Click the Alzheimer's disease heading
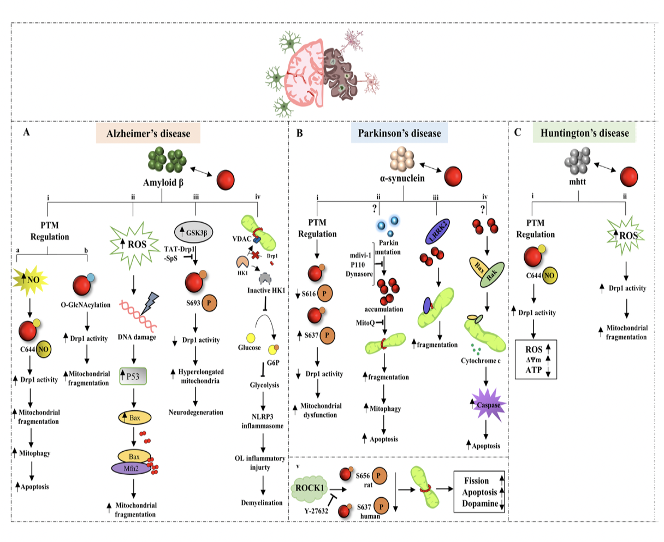(148, 134)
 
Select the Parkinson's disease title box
(399, 133)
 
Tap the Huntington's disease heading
(584, 133)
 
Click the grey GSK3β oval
(194, 233)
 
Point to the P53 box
(133, 376)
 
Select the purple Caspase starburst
(488, 405)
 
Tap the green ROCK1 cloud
(310, 487)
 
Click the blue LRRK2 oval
(437, 232)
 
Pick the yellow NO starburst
(29, 280)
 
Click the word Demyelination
(262, 503)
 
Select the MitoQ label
(366, 323)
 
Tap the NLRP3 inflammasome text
(263, 421)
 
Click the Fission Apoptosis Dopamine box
(479, 492)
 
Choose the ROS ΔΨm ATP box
(536, 360)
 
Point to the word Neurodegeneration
(196, 413)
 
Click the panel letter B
(299, 133)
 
